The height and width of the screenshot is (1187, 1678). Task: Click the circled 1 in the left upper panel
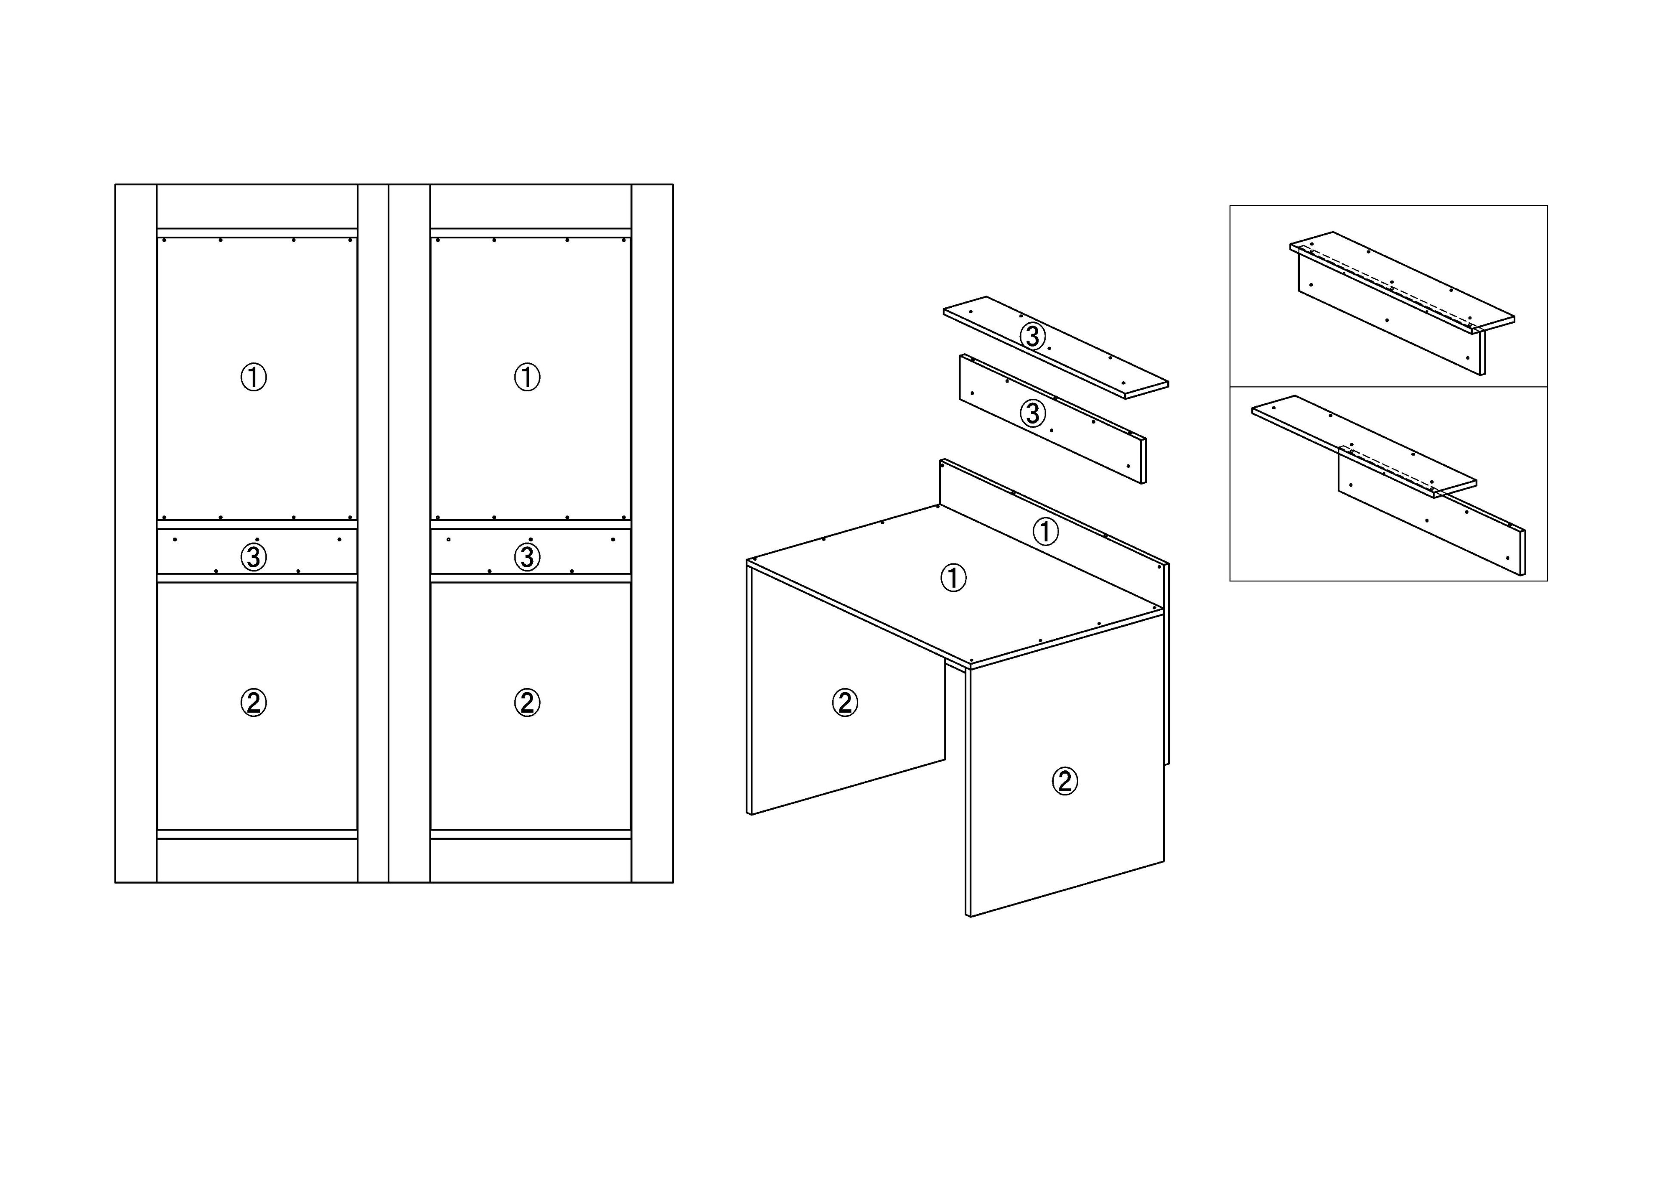pos(253,377)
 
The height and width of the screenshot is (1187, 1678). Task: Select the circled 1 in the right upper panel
pos(527,377)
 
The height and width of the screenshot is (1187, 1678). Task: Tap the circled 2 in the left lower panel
pos(253,702)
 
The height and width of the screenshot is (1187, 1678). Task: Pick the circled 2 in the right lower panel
pos(527,702)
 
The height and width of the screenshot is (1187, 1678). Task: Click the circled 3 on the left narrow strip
pos(253,557)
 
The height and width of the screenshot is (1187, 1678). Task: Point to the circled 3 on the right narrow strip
pos(527,557)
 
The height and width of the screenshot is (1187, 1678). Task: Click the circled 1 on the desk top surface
pos(953,578)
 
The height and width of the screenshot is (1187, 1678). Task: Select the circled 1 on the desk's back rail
pos(1045,532)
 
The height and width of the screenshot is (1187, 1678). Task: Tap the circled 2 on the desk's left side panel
pos(845,702)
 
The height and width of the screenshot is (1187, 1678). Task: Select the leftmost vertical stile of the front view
pos(136,534)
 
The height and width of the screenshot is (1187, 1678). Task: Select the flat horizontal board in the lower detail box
pos(1364,446)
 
